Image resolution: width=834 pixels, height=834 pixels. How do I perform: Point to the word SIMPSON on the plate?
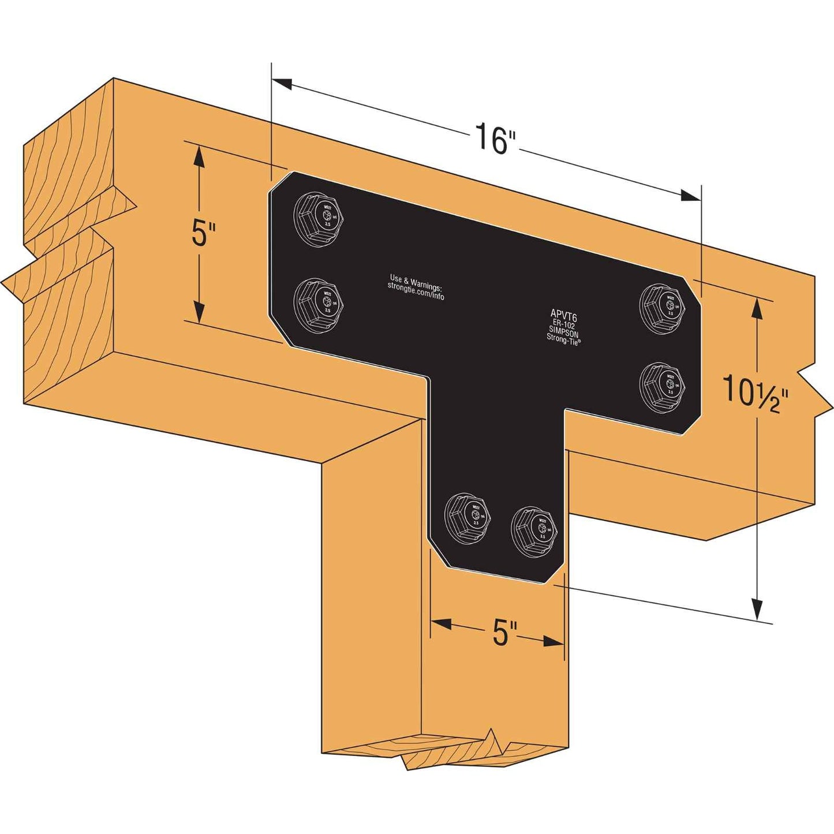pos(563,333)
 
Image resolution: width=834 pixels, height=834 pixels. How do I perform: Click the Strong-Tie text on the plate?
pos(563,341)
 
